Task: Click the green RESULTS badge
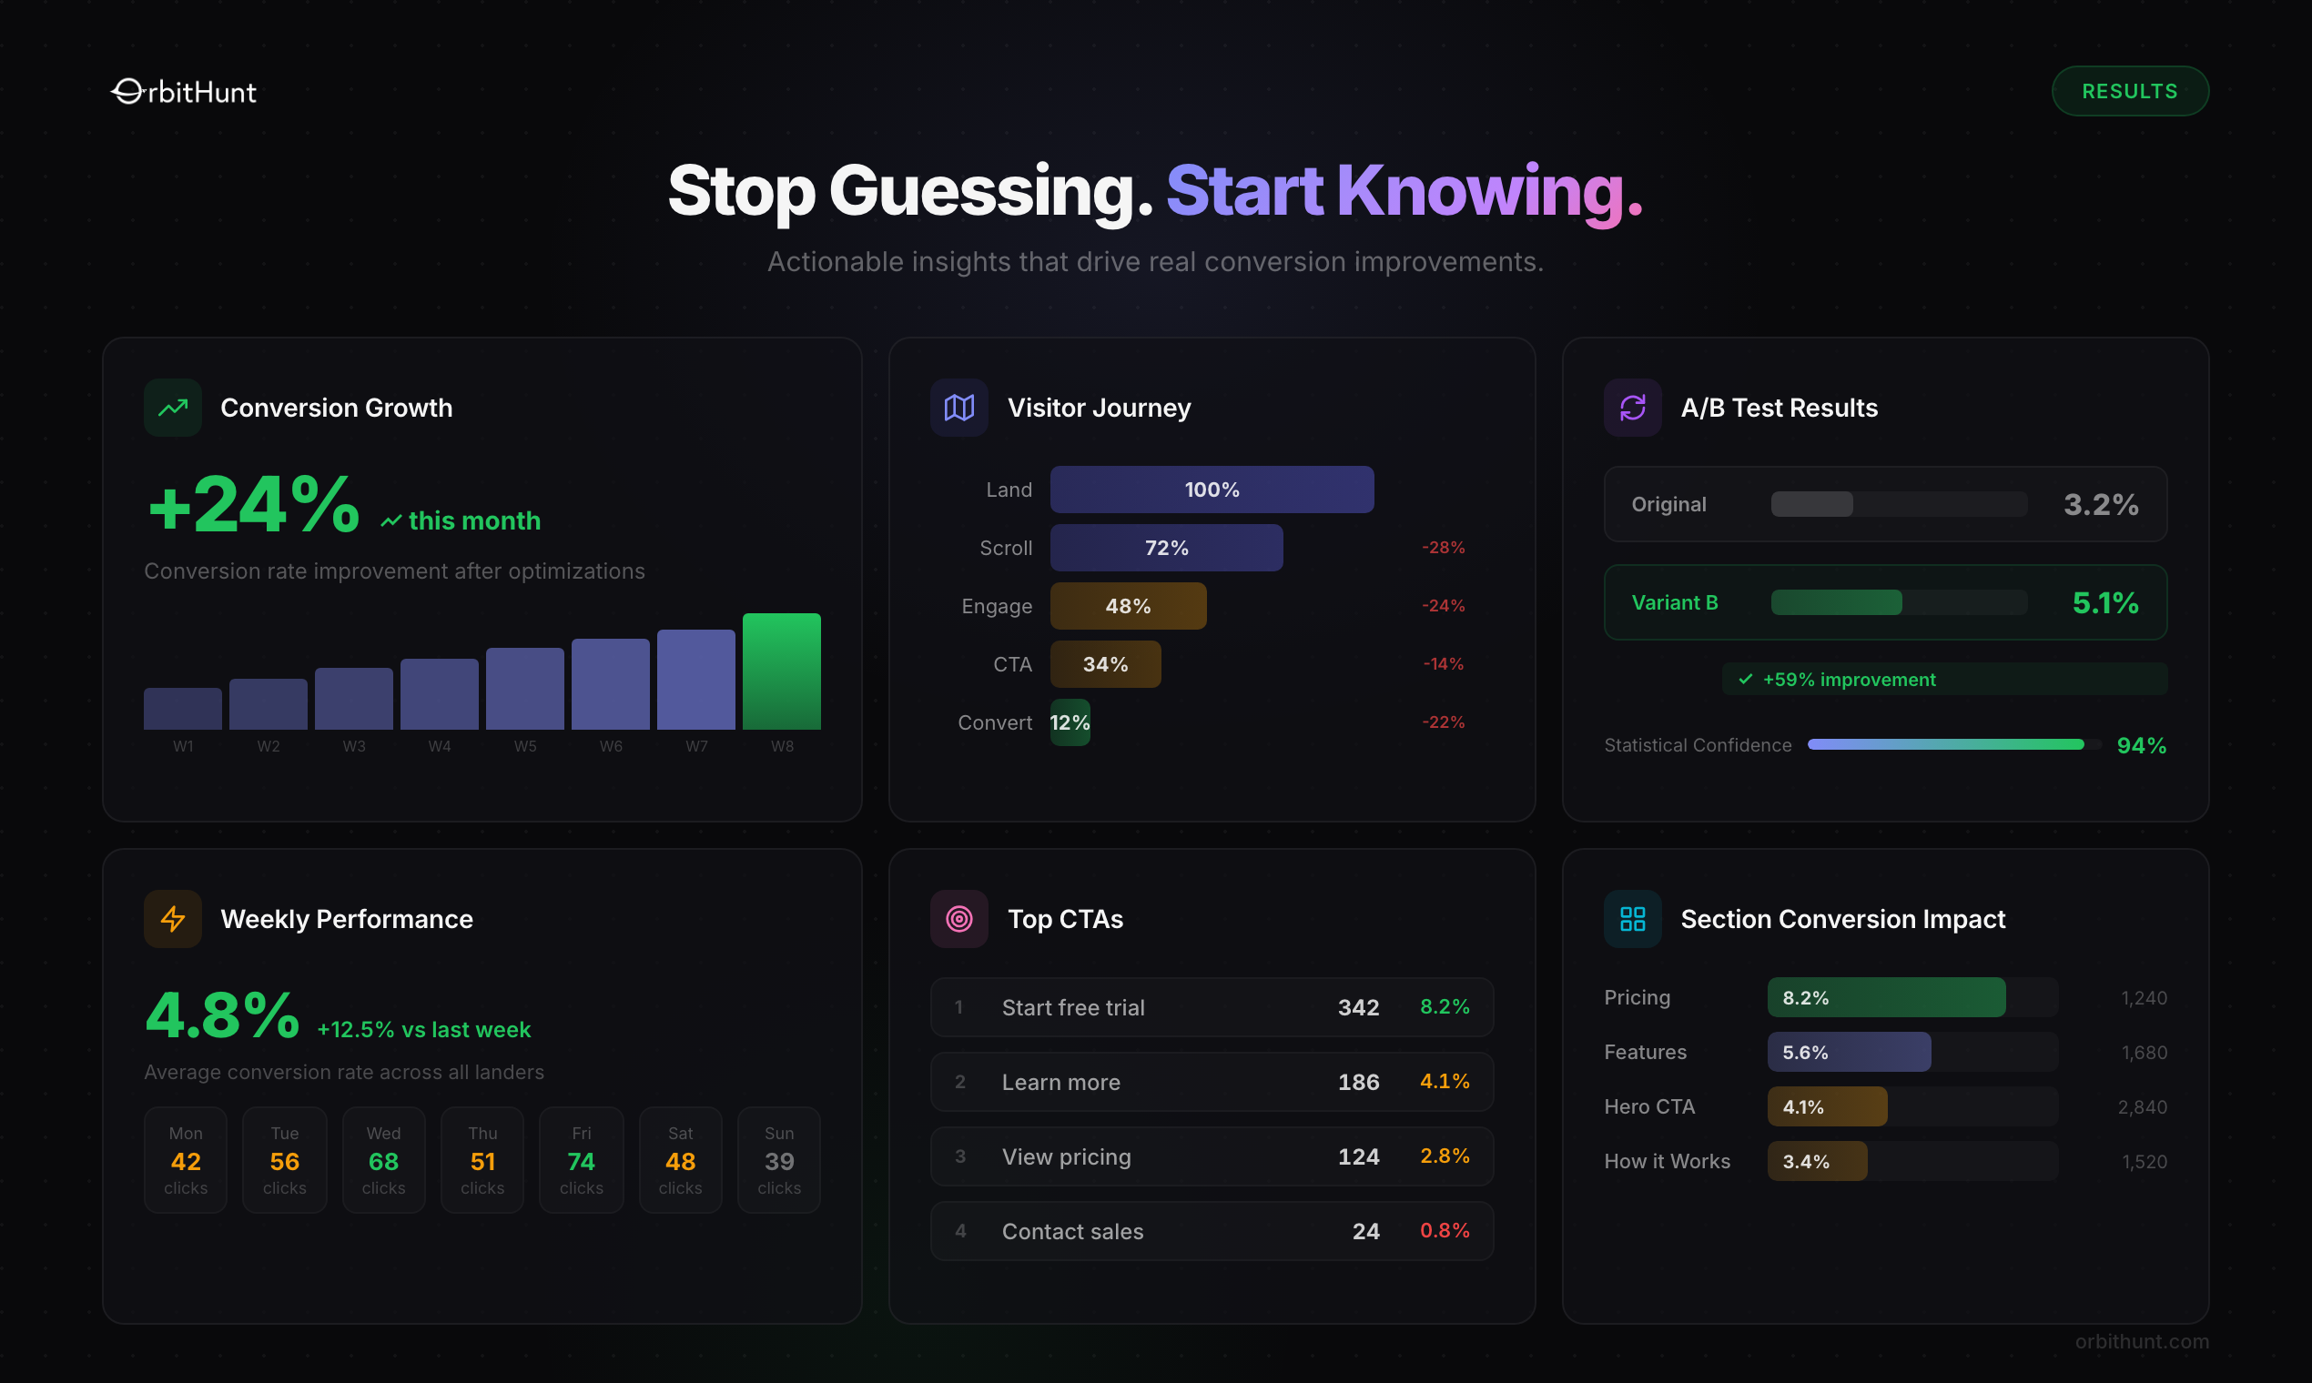(2129, 91)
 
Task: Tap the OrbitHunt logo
(184, 91)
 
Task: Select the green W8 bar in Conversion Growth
(781, 671)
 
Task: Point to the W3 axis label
(353, 746)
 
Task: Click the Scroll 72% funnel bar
(1165, 548)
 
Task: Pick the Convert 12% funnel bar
(1070, 722)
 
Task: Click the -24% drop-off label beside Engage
(1442, 606)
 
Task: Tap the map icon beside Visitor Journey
(958, 408)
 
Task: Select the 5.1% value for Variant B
(2104, 603)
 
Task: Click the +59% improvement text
(1849, 680)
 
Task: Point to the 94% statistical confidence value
(2141, 745)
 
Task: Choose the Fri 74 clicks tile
(581, 1160)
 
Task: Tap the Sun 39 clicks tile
(778, 1160)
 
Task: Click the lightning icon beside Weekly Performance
(172, 919)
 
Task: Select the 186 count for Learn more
(1357, 1082)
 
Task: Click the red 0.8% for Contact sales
(1444, 1231)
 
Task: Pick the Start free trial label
(1072, 1007)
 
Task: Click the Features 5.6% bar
(1848, 1052)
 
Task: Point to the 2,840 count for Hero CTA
(2142, 1107)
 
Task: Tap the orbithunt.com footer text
(2141, 1341)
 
